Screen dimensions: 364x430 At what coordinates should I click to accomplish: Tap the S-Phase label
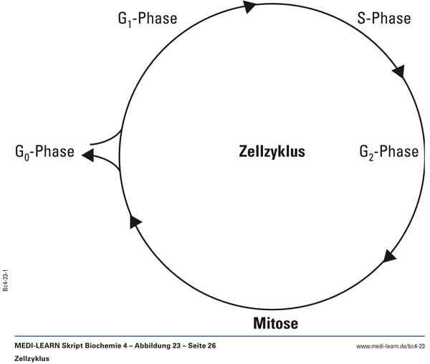[383, 17]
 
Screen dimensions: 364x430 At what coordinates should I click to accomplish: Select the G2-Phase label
[388, 152]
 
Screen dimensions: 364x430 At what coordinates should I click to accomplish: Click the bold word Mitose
[275, 323]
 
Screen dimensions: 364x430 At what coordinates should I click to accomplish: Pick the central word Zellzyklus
[272, 152]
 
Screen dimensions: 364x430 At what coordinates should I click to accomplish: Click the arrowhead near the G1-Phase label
[249, 7]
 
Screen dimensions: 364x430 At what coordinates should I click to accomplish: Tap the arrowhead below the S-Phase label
[398, 71]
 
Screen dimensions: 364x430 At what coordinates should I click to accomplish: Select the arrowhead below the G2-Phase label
[390, 256]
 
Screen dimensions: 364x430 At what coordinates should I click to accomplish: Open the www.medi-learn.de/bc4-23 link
[391, 346]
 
